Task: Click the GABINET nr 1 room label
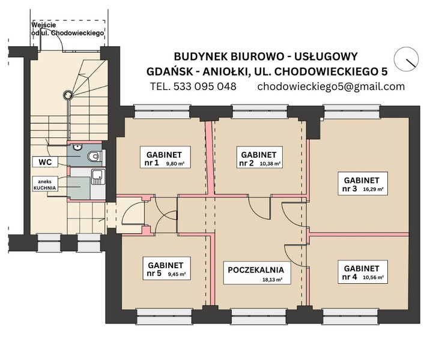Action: coord(165,157)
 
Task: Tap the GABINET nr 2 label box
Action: coord(259,157)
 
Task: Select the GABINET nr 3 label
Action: coord(363,184)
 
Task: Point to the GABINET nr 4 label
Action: coord(363,272)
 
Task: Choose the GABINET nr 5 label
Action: coord(166,268)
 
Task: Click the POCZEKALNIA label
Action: coord(257,273)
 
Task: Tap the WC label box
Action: coord(45,162)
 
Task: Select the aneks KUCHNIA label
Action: coord(45,184)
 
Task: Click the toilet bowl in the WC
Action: coord(94,157)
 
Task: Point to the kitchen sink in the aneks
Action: coord(98,177)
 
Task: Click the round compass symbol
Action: coord(406,59)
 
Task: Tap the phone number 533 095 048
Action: coord(205,86)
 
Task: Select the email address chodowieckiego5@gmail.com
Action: coord(331,86)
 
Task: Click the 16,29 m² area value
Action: coord(373,189)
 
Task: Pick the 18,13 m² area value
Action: coord(272,280)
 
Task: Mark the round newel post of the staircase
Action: coord(68,95)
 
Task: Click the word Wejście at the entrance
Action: coord(44,25)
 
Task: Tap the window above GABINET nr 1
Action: coord(162,112)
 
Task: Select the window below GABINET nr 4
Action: coord(350,316)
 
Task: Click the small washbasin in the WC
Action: coord(78,147)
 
